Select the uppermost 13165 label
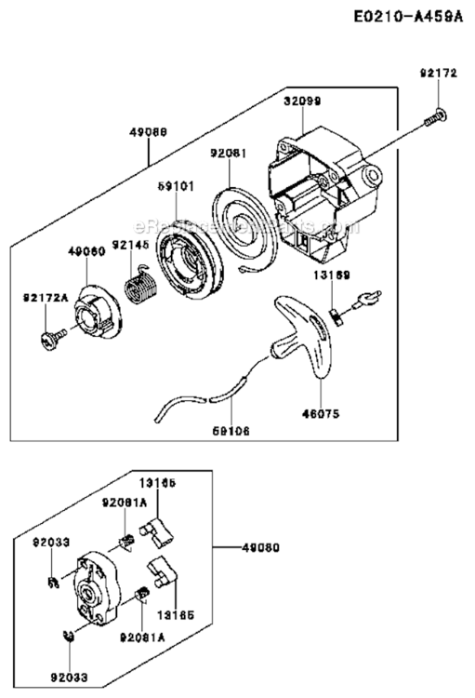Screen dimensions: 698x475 coord(158,482)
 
